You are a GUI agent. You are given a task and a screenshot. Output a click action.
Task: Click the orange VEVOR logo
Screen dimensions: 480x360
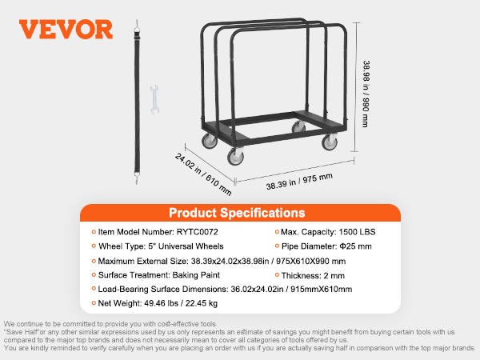pyautogui.click(x=66, y=30)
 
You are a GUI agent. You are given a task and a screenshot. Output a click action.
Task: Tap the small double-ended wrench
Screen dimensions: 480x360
pyautogui.click(x=154, y=99)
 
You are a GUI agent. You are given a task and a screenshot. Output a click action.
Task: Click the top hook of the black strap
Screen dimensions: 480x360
pyautogui.click(x=137, y=25)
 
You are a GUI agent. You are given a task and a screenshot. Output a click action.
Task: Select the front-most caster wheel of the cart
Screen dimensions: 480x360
pyautogui.click(x=235, y=157)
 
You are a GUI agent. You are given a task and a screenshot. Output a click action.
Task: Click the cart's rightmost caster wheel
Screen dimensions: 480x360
pyautogui.click(x=330, y=142)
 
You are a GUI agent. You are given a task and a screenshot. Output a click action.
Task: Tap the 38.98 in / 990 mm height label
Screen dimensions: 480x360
pyautogui.click(x=366, y=94)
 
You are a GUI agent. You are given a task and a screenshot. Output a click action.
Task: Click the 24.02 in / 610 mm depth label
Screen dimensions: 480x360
pyautogui.click(x=203, y=174)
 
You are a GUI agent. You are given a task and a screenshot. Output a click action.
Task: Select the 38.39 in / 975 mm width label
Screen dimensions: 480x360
pyautogui.click(x=299, y=182)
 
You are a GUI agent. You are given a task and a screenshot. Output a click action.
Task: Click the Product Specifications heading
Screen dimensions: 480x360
pyautogui.click(x=237, y=213)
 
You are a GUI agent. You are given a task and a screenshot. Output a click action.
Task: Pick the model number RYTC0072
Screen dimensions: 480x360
pyautogui.click(x=197, y=232)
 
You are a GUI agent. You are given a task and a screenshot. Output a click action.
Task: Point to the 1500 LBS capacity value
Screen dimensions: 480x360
pyautogui.click(x=357, y=232)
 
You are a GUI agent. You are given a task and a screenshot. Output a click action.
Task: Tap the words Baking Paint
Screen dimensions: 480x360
pyautogui.click(x=196, y=275)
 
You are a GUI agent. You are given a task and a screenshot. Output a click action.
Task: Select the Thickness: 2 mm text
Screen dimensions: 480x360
pyautogui.click(x=313, y=275)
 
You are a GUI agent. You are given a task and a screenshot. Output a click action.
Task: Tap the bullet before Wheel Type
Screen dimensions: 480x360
pyautogui.click(x=94, y=246)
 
